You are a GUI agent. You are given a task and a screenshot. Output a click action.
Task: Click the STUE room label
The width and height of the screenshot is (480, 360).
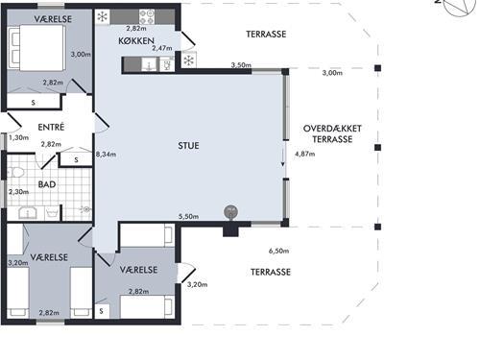(x=188, y=146)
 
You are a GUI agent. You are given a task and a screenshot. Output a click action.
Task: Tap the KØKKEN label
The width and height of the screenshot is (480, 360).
(x=136, y=41)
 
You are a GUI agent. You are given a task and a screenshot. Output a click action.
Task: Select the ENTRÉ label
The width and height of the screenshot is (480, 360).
(x=51, y=127)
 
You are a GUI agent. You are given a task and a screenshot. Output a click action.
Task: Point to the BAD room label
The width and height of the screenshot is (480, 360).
(x=47, y=184)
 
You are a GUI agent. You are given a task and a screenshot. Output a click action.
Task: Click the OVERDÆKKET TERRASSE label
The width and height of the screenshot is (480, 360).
(x=332, y=133)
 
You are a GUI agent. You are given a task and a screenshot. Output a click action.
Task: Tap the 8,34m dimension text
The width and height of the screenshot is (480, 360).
(x=106, y=155)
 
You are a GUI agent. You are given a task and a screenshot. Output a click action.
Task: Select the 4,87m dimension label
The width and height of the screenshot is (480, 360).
(x=305, y=154)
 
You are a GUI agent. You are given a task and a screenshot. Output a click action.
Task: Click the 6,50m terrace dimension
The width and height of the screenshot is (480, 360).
(x=278, y=251)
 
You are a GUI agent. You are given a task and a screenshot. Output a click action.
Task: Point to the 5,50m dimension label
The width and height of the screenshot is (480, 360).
(x=188, y=217)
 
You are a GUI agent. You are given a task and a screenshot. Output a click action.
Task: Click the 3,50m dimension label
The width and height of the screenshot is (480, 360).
(x=241, y=65)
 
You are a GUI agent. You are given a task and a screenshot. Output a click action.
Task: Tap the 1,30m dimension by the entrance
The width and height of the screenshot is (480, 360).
(x=19, y=138)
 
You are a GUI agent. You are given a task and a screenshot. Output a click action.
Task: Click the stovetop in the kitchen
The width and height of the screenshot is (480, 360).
(x=147, y=16)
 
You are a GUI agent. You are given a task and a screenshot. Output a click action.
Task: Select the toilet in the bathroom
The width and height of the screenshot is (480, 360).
(x=15, y=173)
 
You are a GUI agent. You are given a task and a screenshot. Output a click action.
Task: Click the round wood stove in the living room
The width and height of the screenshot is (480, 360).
(x=231, y=212)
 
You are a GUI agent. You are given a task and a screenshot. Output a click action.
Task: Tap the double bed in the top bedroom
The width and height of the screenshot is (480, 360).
(x=36, y=48)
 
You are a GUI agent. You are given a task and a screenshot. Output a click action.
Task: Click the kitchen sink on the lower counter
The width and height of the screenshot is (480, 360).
(x=149, y=64)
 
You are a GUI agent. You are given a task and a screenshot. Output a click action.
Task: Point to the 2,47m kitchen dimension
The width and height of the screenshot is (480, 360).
(x=162, y=48)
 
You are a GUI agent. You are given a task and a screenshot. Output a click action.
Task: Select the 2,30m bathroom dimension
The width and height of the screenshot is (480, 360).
(x=19, y=192)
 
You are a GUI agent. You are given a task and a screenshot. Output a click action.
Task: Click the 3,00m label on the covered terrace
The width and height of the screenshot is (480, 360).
(x=332, y=73)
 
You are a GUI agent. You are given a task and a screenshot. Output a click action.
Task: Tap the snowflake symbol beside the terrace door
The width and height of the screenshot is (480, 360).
(x=189, y=60)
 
